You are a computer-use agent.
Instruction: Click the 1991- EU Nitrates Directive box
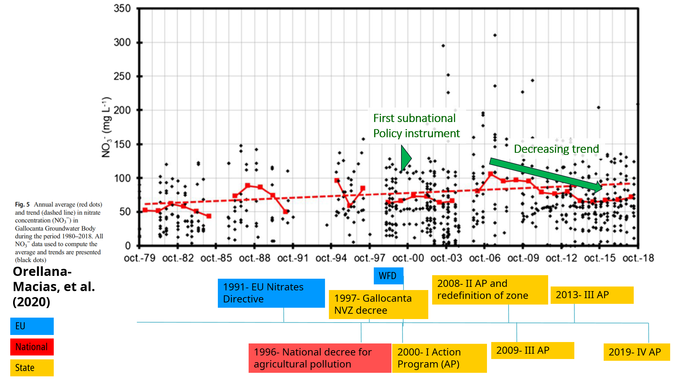(x=271, y=293)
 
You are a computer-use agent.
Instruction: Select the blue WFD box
(x=388, y=276)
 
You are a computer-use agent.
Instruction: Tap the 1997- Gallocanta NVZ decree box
(x=378, y=304)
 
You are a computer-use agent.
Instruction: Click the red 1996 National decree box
(x=320, y=358)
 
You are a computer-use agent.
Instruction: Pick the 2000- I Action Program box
(x=439, y=358)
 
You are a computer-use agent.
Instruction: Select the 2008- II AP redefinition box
(x=490, y=289)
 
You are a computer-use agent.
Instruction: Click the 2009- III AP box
(x=532, y=351)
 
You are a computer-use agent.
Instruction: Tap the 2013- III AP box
(x=592, y=295)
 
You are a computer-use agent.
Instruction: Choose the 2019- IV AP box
(x=636, y=352)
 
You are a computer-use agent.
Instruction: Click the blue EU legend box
(x=32, y=326)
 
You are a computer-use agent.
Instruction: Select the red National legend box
(x=32, y=347)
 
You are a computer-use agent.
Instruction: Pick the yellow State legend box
(x=32, y=368)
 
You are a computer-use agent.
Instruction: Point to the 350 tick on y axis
(x=122, y=8)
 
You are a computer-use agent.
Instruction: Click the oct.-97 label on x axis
(x=370, y=258)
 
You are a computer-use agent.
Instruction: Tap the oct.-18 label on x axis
(x=638, y=258)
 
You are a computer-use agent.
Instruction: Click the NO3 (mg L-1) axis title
(x=106, y=127)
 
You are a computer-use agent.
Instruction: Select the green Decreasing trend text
(x=556, y=149)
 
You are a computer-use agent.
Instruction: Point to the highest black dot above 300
(x=495, y=35)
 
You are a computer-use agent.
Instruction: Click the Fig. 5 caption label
(x=22, y=204)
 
